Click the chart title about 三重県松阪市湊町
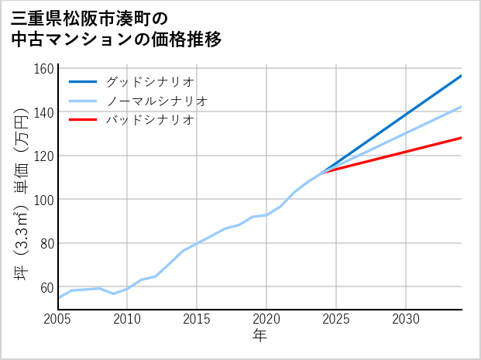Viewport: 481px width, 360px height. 116,29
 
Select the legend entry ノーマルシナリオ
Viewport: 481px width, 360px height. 156,101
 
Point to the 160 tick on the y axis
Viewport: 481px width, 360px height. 45,69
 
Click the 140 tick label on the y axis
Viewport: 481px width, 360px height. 45,112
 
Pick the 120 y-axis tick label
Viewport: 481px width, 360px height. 45,156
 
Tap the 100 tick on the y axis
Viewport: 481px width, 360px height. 45,200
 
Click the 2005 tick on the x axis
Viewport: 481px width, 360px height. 58,319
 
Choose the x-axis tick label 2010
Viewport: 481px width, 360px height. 128,319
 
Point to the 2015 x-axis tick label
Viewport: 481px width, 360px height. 198,319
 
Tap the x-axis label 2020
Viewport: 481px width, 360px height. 266,319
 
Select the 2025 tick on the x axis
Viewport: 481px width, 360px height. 336,319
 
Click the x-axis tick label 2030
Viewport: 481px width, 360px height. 406,319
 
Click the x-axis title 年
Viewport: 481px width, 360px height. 260,336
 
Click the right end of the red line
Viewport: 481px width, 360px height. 461,138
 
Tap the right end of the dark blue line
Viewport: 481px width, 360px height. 461,76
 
